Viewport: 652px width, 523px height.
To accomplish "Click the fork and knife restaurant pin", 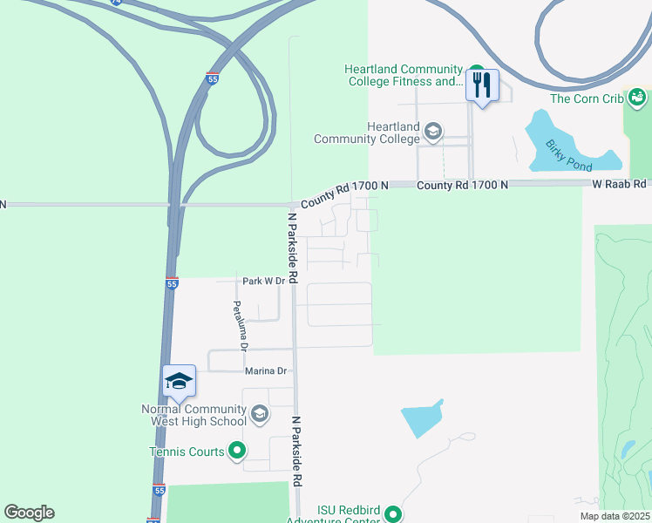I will tap(481, 86).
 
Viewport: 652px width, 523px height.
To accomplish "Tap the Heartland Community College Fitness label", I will tap(402, 76).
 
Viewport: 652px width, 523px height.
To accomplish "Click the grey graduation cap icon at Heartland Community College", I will tap(432, 132).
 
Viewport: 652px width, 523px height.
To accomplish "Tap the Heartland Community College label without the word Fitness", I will tap(367, 132).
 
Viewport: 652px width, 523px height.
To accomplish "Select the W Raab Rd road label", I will tap(620, 184).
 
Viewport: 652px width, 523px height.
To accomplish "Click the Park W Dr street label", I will tap(263, 281).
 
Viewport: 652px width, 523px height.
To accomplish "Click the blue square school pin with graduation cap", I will tap(179, 381).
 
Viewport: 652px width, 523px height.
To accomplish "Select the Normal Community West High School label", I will tap(194, 416).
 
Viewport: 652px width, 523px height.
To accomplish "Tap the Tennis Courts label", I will tap(187, 452).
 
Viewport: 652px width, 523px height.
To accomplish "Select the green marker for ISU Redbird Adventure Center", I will tap(393, 515).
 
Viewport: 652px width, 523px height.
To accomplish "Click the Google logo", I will tap(29, 513).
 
